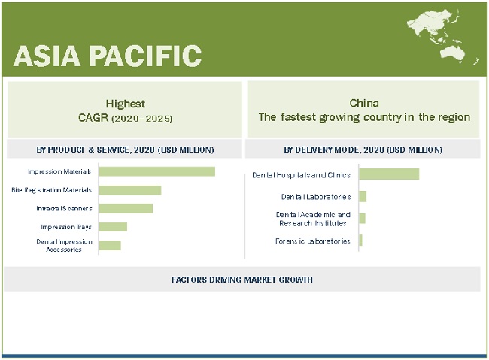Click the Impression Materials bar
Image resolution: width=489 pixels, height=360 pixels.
click(x=157, y=171)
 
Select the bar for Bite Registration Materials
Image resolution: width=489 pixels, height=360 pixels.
click(x=130, y=190)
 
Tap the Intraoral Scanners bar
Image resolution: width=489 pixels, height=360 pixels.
click(x=126, y=208)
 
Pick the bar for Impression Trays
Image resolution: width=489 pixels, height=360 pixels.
click(x=113, y=227)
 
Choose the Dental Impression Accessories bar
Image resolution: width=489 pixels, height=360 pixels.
click(x=110, y=245)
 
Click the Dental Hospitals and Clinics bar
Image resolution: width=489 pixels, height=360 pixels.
click(x=389, y=174)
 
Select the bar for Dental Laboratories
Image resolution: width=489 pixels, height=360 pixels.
click(x=363, y=196)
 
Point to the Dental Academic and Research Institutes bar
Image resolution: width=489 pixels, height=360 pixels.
click(x=362, y=218)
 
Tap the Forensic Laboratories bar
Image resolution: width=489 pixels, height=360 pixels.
click(x=360, y=240)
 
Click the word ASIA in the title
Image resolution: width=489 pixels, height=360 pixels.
click(x=47, y=56)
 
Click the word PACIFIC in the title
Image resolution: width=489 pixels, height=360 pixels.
click(x=146, y=56)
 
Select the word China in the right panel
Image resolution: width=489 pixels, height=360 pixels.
click(x=364, y=103)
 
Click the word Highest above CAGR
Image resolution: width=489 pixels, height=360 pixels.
click(x=126, y=104)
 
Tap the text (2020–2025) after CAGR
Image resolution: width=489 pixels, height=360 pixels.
click(x=142, y=119)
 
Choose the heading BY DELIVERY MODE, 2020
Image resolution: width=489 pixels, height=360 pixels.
click(x=334, y=150)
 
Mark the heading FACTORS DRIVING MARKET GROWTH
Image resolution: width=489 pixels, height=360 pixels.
click(x=242, y=280)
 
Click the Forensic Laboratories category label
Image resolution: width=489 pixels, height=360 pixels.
click(x=313, y=241)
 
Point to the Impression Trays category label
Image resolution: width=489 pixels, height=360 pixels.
click(x=66, y=227)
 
